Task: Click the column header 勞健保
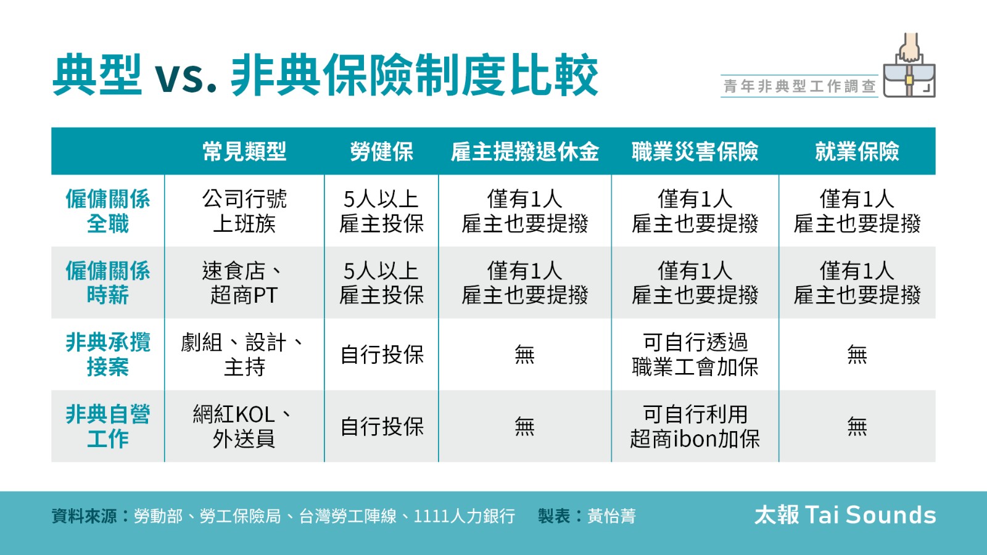(x=382, y=152)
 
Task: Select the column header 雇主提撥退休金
(x=525, y=152)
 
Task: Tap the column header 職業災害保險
(x=695, y=152)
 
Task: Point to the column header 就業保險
(x=857, y=152)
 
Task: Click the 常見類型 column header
(x=244, y=152)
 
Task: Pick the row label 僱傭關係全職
(x=108, y=211)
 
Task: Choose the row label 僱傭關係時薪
(x=108, y=283)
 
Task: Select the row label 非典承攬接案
(x=108, y=355)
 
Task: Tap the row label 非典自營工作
(x=108, y=426)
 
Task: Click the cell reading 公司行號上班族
(x=244, y=211)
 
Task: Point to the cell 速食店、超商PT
(x=244, y=283)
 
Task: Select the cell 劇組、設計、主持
(x=244, y=355)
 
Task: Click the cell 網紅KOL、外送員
(x=244, y=426)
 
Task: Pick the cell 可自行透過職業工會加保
(x=695, y=355)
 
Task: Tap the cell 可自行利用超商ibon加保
(x=695, y=426)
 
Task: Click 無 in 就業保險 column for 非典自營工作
(x=857, y=426)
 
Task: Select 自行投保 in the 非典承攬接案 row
(x=382, y=355)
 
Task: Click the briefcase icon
(x=909, y=65)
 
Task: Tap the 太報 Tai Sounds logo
(x=845, y=515)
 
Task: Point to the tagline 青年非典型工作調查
(x=799, y=86)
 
